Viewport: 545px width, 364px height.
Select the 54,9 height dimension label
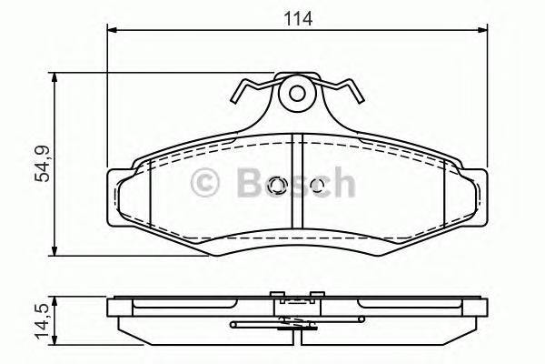41,165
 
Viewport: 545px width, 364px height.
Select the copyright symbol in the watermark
207,185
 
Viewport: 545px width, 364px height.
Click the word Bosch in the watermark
293,185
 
